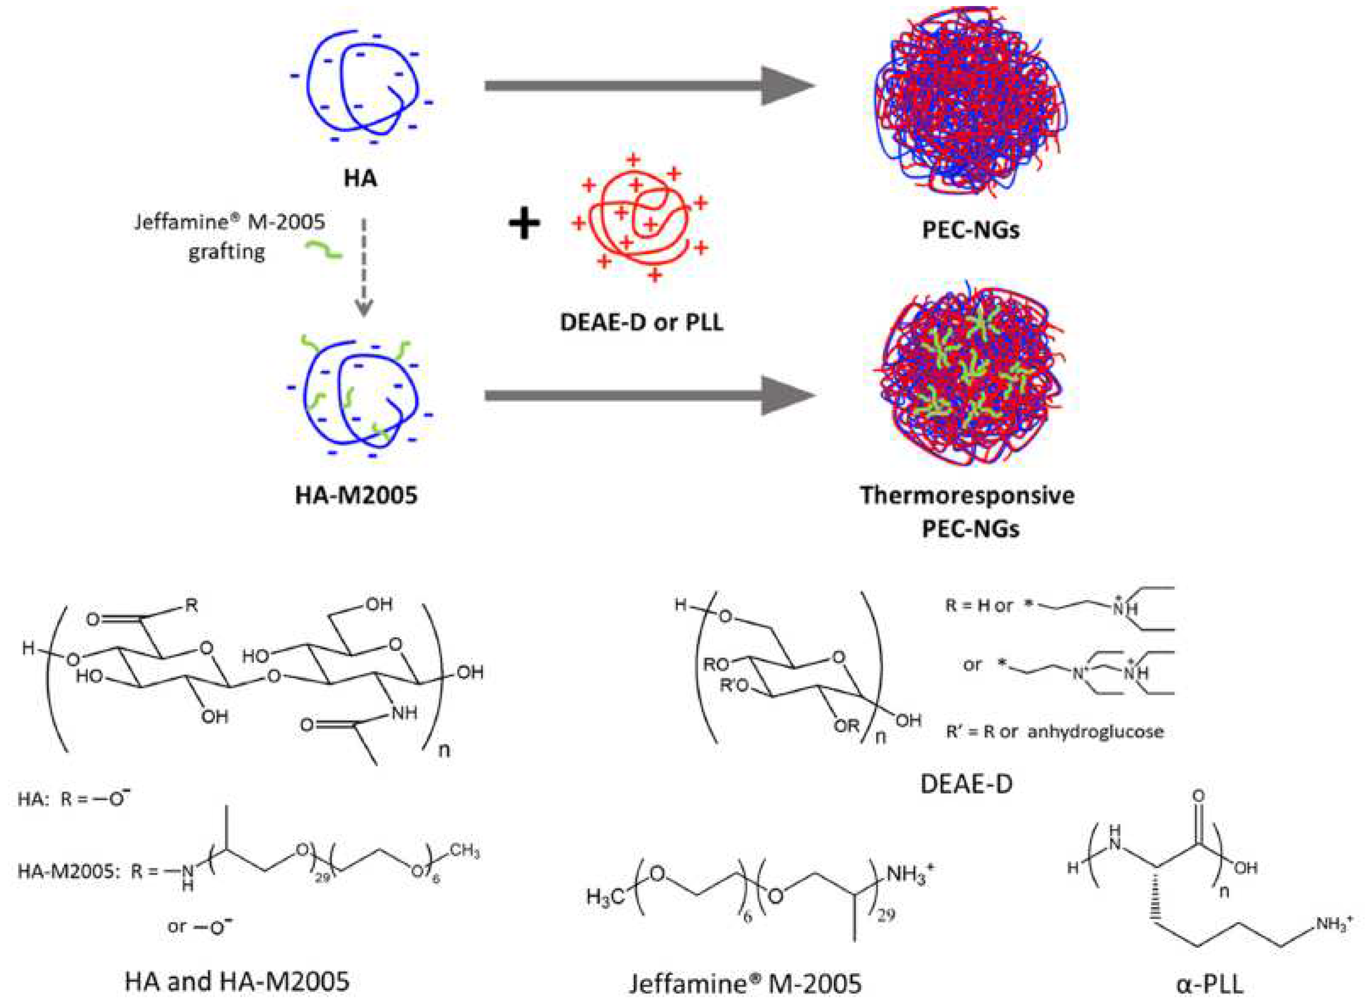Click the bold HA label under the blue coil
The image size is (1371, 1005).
(360, 178)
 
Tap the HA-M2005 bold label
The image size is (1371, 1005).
(356, 495)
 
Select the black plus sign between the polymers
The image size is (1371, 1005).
(524, 223)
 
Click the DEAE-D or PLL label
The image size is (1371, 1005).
(642, 322)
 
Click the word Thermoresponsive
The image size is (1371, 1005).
(967, 495)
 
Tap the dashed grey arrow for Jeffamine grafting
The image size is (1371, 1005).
(364, 268)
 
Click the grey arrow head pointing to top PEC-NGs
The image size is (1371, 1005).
(787, 86)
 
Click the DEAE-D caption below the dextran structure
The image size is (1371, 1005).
(966, 785)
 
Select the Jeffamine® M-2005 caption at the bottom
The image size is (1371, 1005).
(745, 983)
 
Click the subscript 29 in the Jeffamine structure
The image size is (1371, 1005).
(886, 914)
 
